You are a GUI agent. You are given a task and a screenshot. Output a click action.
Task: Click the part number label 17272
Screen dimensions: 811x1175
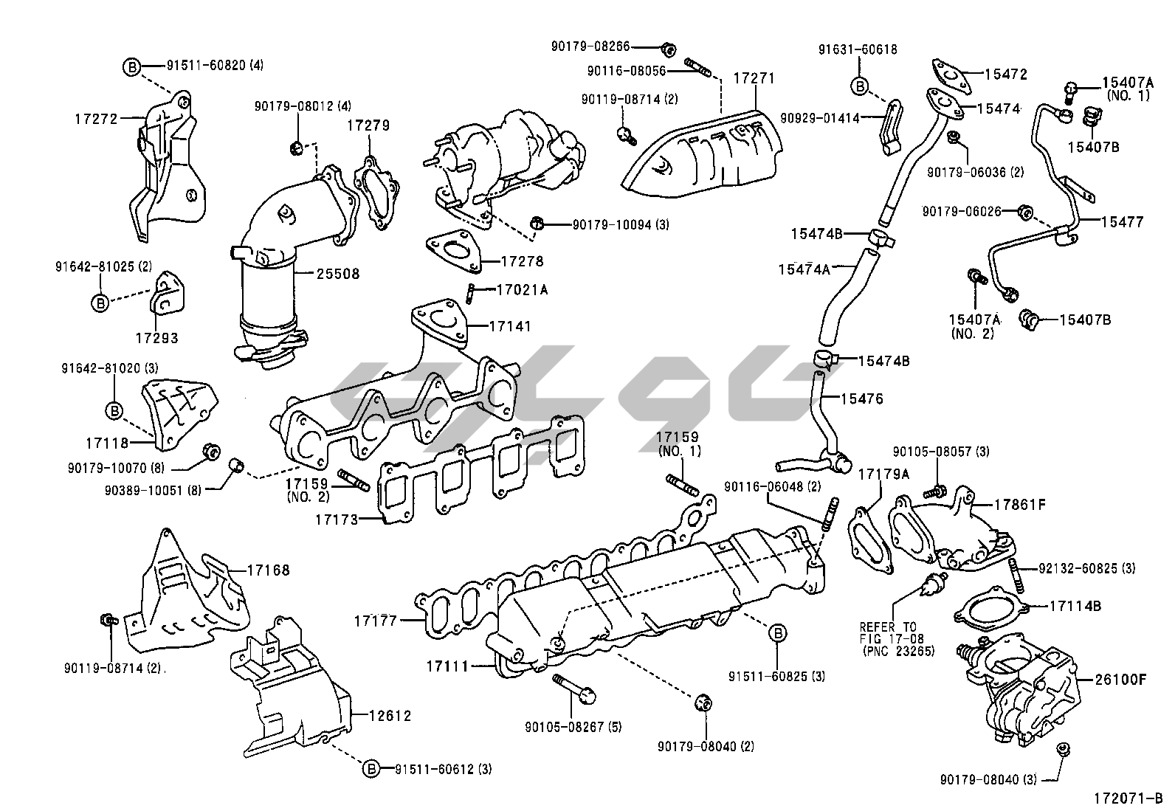pos(97,117)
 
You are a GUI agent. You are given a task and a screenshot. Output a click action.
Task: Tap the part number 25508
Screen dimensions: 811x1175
pos(337,274)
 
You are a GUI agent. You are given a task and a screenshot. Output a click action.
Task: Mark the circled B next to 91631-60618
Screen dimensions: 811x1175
pos(859,86)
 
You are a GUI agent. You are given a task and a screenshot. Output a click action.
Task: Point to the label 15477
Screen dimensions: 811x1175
pos(1123,221)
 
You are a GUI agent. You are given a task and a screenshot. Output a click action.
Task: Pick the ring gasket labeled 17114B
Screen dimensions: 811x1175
pos(989,610)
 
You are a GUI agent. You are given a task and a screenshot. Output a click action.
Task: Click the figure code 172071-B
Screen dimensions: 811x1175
pos(1128,798)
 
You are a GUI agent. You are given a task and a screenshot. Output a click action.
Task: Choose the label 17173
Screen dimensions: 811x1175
pos(337,520)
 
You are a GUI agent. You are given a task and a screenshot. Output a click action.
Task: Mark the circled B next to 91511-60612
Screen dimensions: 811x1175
pos(371,769)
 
